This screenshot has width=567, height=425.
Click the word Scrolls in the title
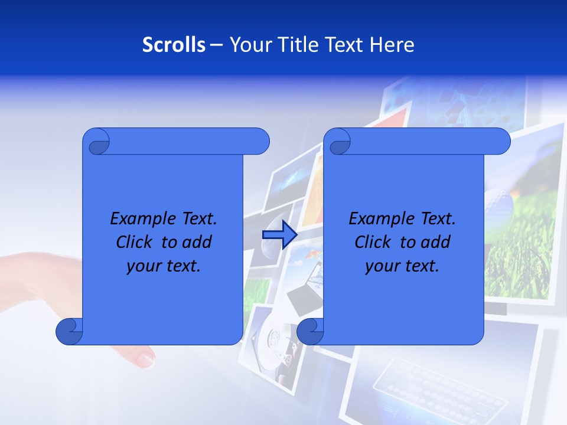tap(174, 44)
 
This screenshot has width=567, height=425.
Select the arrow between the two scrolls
tap(279, 235)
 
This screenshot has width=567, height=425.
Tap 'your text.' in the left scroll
tap(163, 266)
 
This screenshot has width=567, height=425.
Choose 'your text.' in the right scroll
tap(402, 266)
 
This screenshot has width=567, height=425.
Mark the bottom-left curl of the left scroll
tap(69, 332)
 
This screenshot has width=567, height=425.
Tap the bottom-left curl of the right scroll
tap(310, 332)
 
